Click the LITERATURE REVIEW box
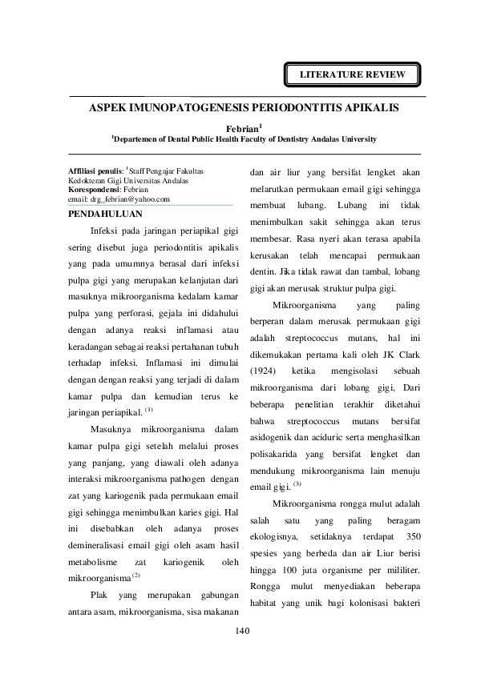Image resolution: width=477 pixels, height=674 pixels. (x=353, y=75)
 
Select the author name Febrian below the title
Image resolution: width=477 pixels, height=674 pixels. (x=243, y=127)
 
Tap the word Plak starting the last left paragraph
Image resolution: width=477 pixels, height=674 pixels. (x=99, y=574)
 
